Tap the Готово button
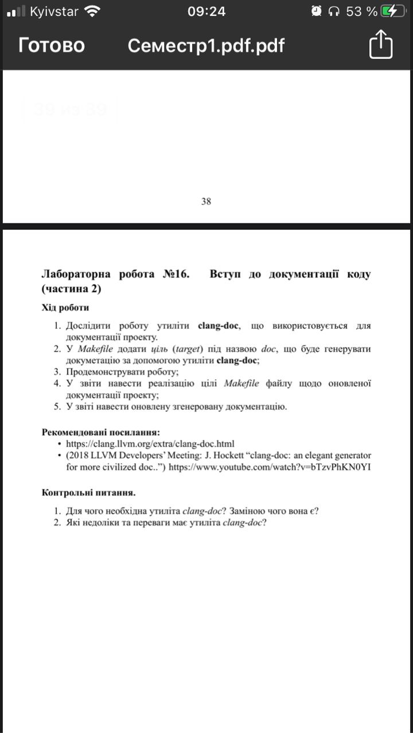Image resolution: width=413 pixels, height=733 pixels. (52, 45)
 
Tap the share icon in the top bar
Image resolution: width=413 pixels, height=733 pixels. (380, 45)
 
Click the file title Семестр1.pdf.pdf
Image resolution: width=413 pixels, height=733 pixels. (206, 45)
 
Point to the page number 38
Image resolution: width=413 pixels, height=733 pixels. (206, 201)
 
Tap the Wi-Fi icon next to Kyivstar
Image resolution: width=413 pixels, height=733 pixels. (92, 11)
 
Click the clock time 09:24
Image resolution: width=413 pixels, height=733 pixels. (206, 11)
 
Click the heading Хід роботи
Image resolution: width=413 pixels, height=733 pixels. (65, 308)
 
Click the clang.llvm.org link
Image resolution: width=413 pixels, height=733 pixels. (150, 443)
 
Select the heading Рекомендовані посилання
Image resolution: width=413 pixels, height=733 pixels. (101, 431)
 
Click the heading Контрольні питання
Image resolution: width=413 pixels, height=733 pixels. (89, 492)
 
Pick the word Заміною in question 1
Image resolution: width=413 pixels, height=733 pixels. (249, 511)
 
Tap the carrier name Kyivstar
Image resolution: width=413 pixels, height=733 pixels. (54, 11)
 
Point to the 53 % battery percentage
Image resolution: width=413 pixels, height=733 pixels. (361, 11)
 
